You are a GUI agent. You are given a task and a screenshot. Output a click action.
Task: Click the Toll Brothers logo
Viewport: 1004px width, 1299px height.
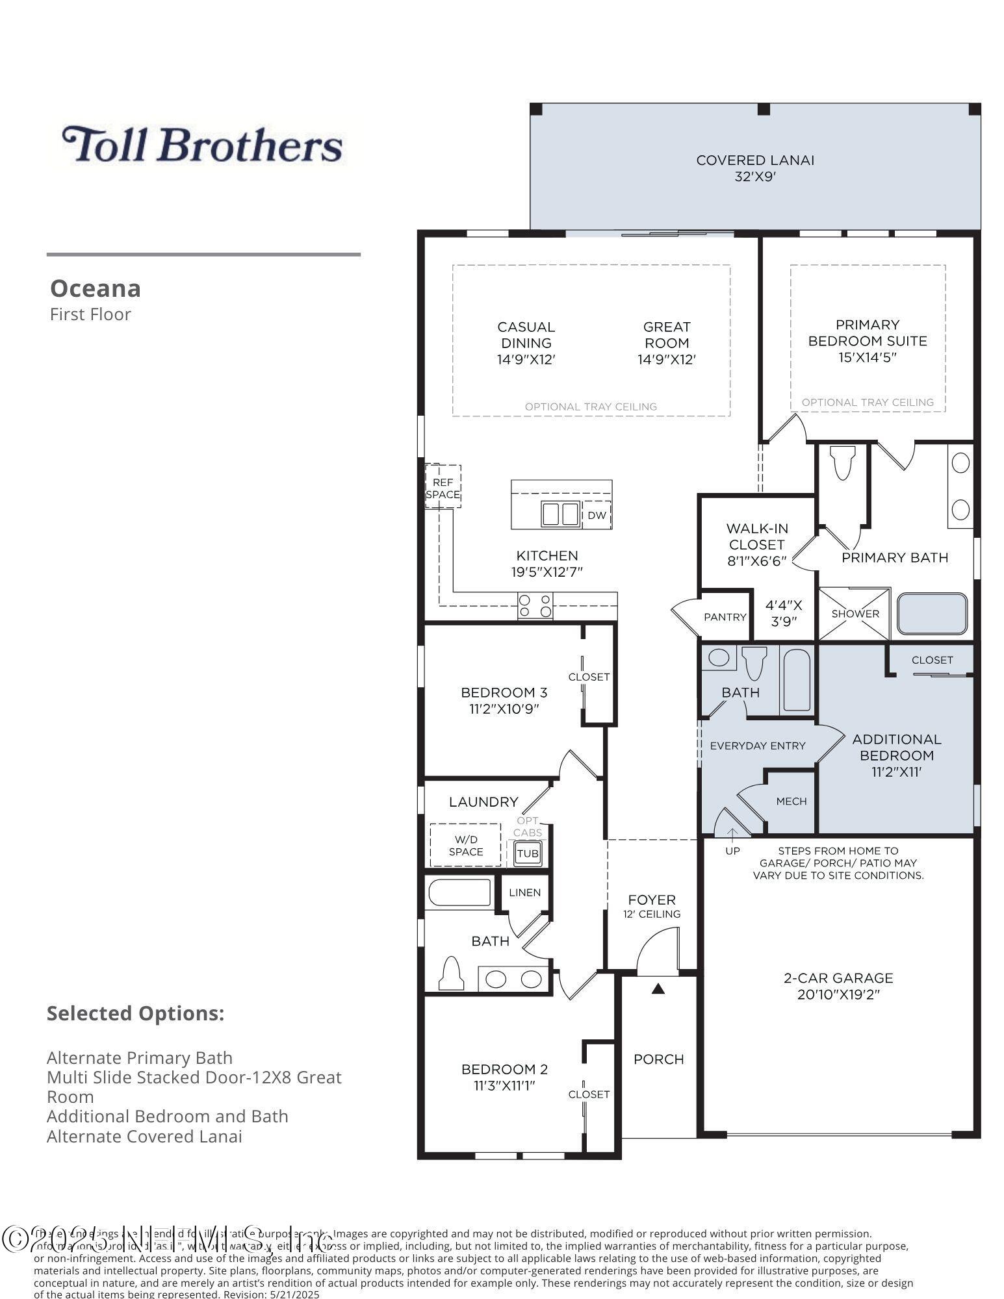(x=202, y=144)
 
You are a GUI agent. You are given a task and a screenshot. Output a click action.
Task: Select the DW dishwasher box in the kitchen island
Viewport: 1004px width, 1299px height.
(x=597, y=515)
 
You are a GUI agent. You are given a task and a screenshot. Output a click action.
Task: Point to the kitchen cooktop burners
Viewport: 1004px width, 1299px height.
(x=535, y=606)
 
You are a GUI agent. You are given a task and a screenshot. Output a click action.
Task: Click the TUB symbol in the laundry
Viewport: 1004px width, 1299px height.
(x=528, y=853)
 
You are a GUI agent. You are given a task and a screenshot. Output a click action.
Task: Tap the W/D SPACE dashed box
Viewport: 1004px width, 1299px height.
(x=465, y=845)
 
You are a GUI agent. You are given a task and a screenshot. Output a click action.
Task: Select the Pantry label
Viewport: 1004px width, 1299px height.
(x=725, y=616)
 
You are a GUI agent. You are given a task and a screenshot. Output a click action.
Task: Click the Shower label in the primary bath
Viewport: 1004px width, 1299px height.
(x=855, y=614)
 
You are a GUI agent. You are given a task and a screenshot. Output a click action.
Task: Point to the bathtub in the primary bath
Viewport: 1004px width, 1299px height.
(x=933, y=614)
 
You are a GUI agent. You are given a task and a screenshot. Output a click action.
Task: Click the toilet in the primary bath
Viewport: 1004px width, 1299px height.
(x=843, y=462)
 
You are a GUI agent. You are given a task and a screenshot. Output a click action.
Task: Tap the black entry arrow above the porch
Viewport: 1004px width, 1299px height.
(x=658, y=989)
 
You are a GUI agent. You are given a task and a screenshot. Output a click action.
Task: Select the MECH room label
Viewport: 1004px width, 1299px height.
(x=792, y=801)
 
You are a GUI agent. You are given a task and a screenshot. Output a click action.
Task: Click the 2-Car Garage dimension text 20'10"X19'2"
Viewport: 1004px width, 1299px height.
(x=838, y=994)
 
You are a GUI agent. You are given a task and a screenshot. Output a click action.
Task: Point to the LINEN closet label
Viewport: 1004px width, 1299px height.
(x=524, y=892)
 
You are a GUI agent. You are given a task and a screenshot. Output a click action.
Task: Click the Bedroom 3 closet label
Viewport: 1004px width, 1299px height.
(x=589, y=677)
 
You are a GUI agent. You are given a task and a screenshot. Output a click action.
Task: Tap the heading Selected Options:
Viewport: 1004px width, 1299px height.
(x=135, y=1013)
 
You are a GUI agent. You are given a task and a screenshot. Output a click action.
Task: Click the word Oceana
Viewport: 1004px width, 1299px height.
(x=96, y=288)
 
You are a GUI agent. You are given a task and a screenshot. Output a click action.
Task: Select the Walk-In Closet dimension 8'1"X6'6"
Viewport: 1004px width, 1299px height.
(x=756, y=561)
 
